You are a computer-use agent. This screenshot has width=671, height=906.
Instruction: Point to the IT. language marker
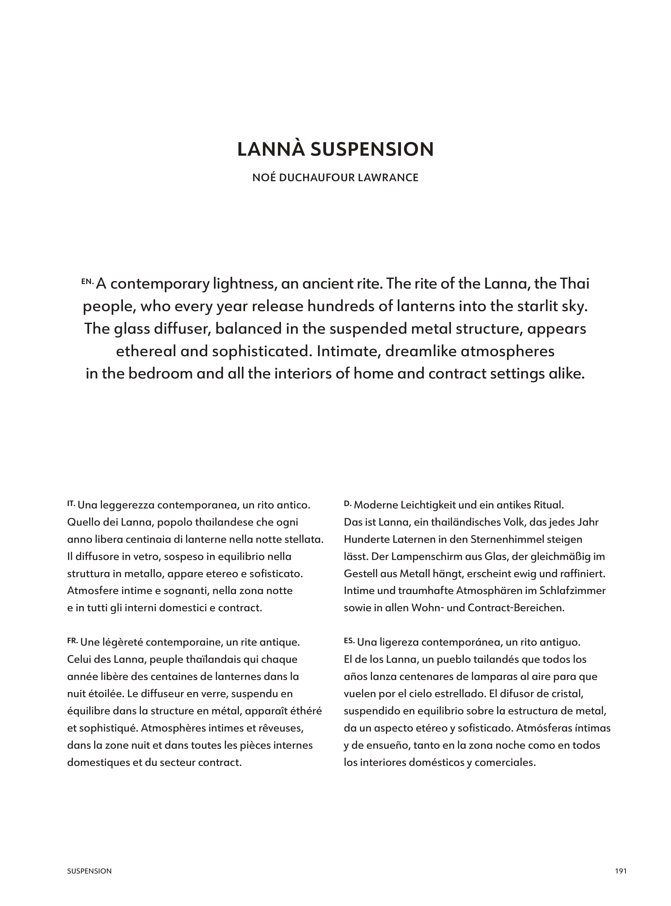tap(71, 503)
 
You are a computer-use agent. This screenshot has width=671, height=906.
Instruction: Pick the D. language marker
tap(347, 503)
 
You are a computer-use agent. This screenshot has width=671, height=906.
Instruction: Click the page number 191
tap(621, 871)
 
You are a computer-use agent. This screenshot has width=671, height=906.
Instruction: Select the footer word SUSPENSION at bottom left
tap(89, 871)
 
